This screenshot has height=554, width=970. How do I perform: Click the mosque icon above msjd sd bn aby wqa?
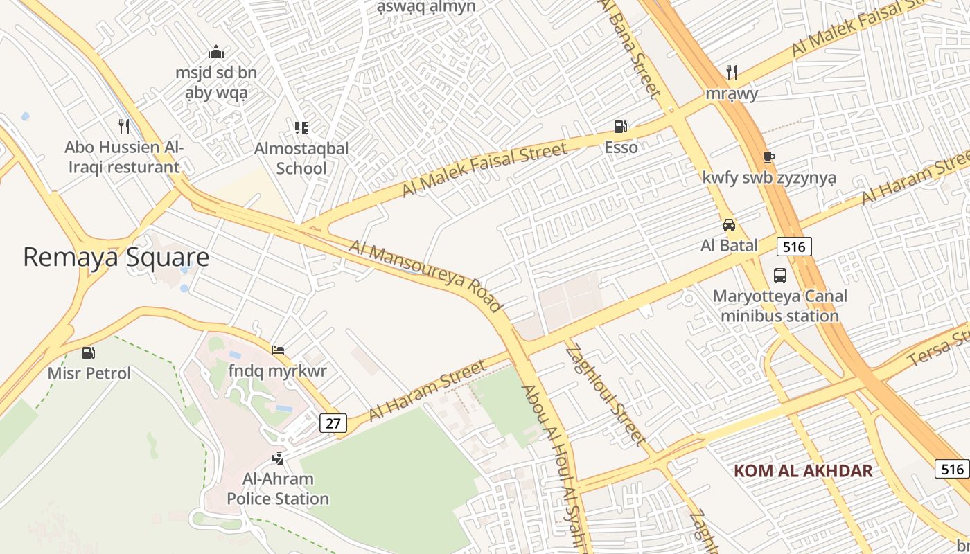click(x=216, y=53)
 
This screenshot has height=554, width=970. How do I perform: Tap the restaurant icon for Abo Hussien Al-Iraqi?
click(x=124, y=126)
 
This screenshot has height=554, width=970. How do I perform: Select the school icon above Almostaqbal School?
click(x=301, y=127)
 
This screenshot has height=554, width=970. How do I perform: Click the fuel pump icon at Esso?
click(x=621, y=126)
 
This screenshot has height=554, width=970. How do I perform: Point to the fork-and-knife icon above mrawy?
click(x=731, y=72)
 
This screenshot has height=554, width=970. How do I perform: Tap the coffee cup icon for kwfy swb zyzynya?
click(x=768, y=157)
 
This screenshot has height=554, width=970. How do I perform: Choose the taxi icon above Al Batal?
click(x=729, y=225)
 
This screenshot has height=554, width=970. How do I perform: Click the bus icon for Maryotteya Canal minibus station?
click(x=780, y=276)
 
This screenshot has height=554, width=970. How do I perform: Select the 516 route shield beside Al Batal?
click(x=794, y=246)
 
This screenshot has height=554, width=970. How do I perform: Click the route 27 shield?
click(x=333, y=423)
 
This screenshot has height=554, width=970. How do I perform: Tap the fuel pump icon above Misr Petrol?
click(x=89, y=353)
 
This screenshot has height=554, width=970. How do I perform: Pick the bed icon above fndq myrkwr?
click(x=278, y=350)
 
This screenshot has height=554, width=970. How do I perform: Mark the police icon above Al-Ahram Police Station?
click(x=278, y=458)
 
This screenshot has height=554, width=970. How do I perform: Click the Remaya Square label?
click(x=116, y=257)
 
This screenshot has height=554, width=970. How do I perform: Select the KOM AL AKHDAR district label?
click(x=803, y=471)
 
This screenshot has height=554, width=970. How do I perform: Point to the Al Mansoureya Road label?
click(x=425, y=276)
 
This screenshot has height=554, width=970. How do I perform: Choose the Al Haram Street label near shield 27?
click(x=427, y=391)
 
